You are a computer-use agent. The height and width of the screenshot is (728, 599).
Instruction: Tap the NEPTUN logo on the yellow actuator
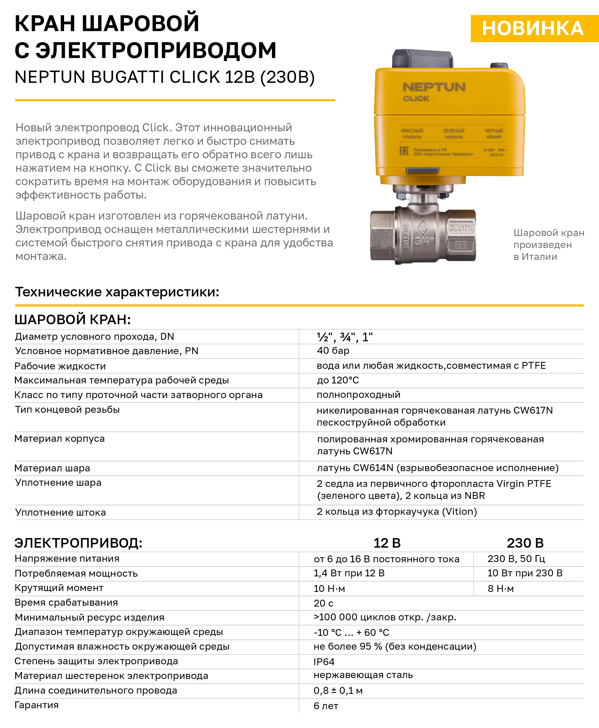point(434,87)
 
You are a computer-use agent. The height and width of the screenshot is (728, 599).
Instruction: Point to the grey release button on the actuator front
point(422,170)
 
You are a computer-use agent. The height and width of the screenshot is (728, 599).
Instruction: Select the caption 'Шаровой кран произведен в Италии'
point(549,244)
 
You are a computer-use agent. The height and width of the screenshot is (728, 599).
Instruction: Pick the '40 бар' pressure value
point(333,351)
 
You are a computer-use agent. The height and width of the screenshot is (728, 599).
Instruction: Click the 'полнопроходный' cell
point(358,395)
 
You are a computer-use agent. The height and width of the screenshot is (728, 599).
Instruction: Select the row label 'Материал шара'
point(52,468)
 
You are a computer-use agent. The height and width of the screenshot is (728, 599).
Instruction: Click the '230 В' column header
point(525,543)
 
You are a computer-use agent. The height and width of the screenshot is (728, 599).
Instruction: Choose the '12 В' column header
point(387,543)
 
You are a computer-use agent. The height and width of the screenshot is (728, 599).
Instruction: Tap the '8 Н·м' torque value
point(501,589)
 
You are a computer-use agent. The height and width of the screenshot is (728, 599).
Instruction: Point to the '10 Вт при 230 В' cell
point(525,573)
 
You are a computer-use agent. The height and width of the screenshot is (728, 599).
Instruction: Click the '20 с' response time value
point(323,603)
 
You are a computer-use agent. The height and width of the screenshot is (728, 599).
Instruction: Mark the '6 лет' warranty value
point(326,706)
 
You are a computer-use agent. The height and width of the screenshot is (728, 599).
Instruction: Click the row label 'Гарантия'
point(37,705)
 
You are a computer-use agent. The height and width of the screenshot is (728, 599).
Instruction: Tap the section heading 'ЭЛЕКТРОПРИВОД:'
point(78,543)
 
